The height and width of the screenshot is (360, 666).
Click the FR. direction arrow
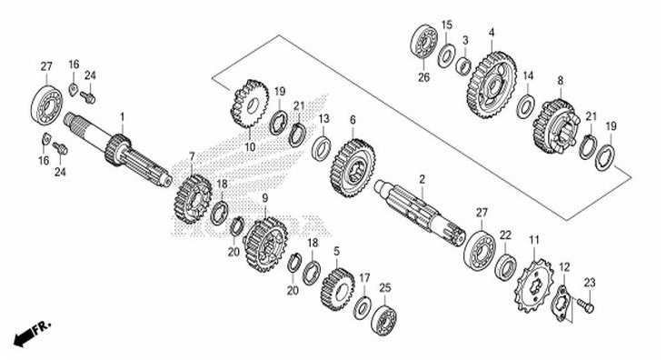(28, 333)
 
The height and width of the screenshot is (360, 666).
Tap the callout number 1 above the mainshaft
(123, 117)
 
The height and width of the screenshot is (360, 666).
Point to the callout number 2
(422, 179)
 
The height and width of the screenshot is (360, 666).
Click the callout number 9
(265, 196)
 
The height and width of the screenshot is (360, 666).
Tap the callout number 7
(192, 155)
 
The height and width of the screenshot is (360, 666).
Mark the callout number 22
(505, 235)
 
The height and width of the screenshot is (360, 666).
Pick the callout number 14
(528, 75)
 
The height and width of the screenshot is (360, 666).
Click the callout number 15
(446, 25)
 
